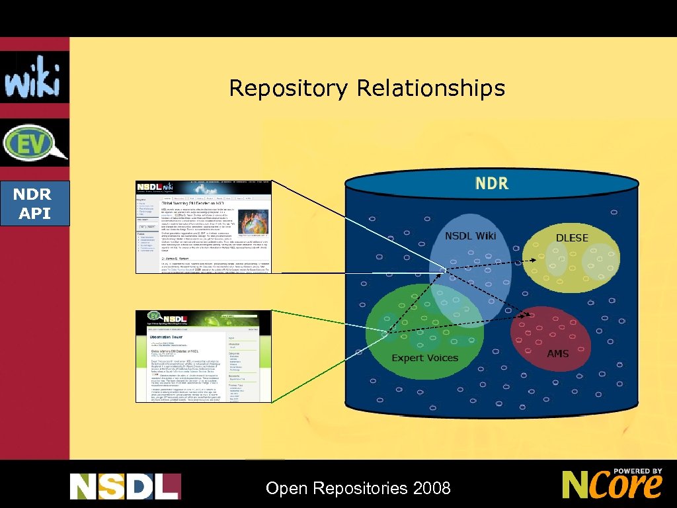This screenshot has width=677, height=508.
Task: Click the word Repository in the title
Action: click(289, 88)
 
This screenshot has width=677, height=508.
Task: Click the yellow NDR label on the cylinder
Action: click(491, 183)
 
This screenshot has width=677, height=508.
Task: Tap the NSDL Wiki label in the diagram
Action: click(470, 236)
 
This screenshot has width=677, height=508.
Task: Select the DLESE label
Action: click(572, 237)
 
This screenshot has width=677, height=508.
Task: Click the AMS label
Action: click(558, 353)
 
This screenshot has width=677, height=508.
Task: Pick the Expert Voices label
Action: click(424, 358)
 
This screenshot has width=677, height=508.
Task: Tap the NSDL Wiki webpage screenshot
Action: click(204, 226)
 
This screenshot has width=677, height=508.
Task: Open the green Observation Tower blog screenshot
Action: click(204, 356)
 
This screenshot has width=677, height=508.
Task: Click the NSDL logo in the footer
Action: click(125, 487)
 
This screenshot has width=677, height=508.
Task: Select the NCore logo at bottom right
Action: click(612, 484)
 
